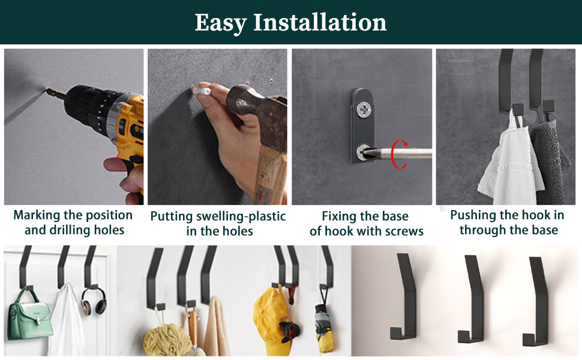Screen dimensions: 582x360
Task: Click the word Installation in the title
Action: (x=320, y=22)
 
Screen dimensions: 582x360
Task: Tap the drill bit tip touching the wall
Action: (x=47, y=90)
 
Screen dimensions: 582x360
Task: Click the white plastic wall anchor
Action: (x=202, y=91)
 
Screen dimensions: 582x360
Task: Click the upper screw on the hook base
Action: (x=364, y=109)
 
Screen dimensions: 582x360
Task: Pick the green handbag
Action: (x=29, y=316)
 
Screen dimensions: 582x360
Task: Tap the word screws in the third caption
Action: (x=404, y=231)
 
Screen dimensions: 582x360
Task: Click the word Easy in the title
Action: (x=220, y=23)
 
